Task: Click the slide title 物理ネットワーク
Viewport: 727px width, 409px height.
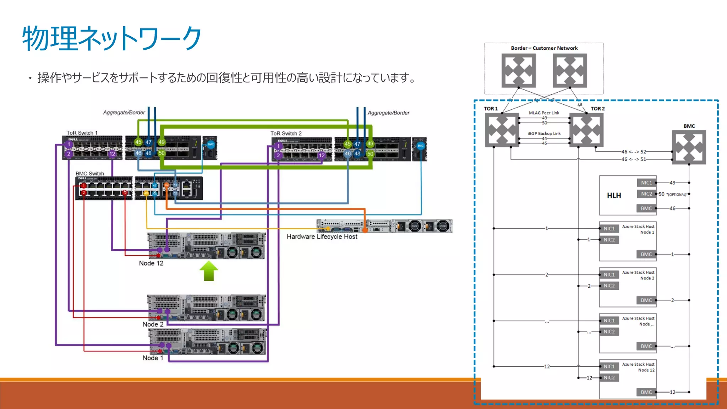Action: pos(112,38)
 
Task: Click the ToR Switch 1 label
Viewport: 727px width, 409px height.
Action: pos(82,133)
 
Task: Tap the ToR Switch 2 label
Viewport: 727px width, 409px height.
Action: pos(286,133)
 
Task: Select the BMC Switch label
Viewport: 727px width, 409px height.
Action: pos(90,174)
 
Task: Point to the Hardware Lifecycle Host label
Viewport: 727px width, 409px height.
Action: pos(322,236)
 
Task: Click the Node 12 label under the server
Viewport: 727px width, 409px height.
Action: pos(151,263)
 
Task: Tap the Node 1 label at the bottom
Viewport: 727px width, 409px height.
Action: pos(153,358)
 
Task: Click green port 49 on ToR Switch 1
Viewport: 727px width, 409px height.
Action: pos(162,142)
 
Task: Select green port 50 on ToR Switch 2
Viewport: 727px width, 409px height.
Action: pos(370,154)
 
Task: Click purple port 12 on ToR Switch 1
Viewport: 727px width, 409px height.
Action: pos(112,154)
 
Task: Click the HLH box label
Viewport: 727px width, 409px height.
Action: pos(614,196)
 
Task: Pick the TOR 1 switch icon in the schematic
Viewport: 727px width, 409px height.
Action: pos(502,130)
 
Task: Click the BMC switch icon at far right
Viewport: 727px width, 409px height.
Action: pos(689,147)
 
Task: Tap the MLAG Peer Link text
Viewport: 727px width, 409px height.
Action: pos(543,113)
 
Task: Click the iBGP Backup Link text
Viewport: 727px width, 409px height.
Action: pos(544,133)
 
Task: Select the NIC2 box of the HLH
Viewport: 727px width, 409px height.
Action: pos(646,194)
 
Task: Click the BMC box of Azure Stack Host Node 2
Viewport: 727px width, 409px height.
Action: pos(646,300)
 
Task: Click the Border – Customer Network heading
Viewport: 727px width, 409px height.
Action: pos(544,48)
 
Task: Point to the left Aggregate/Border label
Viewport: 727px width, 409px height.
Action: pos(124,113)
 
